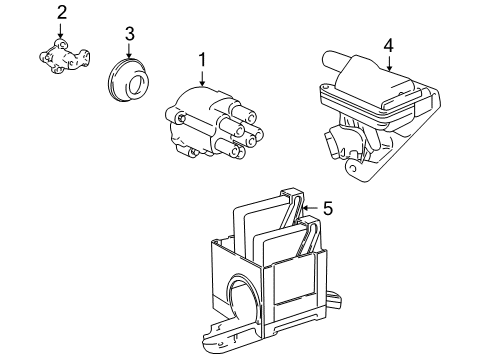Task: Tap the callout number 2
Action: [62, 12]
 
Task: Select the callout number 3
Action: [129, 37]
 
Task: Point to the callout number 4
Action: [388, 44]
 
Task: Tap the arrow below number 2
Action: [62, 31]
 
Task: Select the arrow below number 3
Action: [129, 56]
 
